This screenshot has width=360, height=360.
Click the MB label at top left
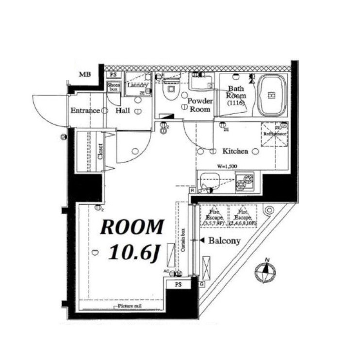(85, 74)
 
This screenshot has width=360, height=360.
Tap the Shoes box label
(113, 87)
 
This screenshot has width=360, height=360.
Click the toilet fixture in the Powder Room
(171, 90)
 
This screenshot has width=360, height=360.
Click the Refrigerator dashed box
(275, 134)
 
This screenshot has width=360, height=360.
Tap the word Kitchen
(235, 151)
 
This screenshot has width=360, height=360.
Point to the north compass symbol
(265, 271)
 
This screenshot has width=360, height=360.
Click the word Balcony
(224, 240)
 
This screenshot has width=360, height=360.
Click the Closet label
(100, 151)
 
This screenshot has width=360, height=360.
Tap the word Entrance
(85, 111)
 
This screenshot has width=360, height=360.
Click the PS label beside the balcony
(179, 285)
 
